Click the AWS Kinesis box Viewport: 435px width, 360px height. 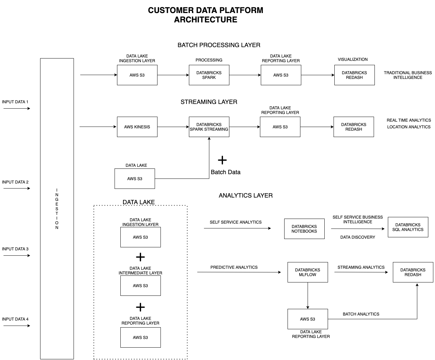point(137,127)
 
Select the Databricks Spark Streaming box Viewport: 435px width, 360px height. point(209,127)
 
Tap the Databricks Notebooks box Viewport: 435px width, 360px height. point(304,229)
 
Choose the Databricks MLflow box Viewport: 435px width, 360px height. point(308,272)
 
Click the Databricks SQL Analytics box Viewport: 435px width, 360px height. point(408,227)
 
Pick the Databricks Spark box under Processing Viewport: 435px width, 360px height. point(209,75)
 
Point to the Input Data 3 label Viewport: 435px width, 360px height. point(15,249)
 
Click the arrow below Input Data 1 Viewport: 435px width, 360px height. point(17,108)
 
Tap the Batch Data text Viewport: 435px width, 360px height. point(225,172)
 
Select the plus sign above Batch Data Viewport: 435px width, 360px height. point(222,160)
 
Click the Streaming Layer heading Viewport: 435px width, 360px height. point(209,102)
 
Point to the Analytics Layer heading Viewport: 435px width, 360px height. point(246,195)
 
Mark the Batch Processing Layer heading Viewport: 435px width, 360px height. point(219,45)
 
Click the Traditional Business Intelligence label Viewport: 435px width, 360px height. point(408,75)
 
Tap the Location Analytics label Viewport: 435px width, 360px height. point(409,127)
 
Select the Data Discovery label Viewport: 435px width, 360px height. point(357,237)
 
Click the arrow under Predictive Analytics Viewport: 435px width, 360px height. point(239,272)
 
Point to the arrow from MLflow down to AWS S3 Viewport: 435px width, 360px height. point(308,295)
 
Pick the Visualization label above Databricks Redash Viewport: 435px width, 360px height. point(352,59)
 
